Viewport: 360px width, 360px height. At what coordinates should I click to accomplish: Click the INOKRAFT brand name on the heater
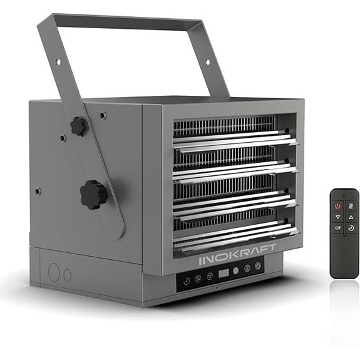(x=237, y=259)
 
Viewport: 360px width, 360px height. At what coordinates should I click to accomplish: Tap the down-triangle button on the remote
(x=338, y=217)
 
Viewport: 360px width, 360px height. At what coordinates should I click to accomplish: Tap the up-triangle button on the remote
(x=351, y=217)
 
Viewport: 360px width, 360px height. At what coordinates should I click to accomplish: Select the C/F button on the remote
(x=338, y=228)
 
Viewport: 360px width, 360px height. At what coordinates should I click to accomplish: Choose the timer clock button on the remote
(x=351, y=228)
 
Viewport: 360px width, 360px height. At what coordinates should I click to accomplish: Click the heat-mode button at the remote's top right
(x=351, y=206)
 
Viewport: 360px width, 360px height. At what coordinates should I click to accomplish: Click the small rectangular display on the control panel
(x=223, y=274)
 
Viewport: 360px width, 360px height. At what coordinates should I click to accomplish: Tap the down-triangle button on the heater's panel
(x=210, y=275)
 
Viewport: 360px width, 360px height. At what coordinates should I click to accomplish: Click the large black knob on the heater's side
(x=94, y=194)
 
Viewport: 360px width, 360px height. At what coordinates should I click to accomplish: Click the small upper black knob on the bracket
(x=78, y=126)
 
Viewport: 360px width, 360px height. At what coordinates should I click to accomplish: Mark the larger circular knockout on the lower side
(x=54, y=272)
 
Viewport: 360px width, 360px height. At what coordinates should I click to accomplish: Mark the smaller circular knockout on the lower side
(x=67, y=275)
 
